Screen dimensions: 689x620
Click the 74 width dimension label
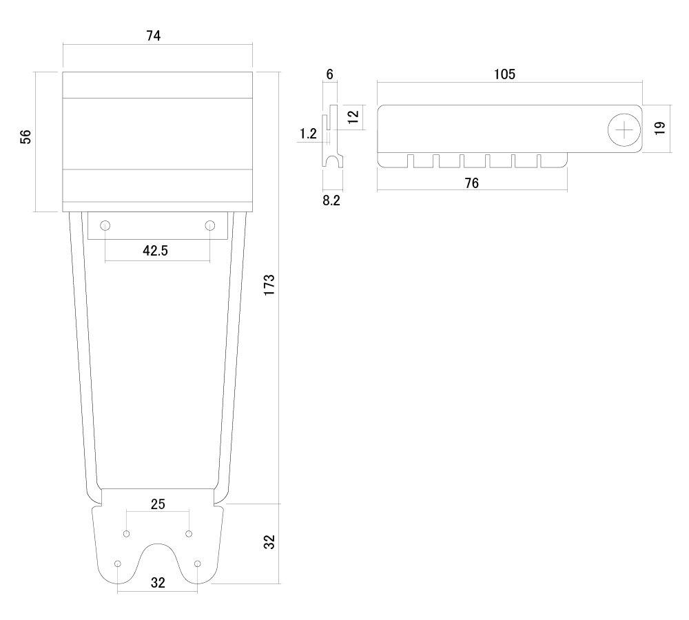click(x=154, y=36)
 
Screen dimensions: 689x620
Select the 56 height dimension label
click(x=26, y=136)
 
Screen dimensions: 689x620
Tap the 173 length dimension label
click(x=269, y=285)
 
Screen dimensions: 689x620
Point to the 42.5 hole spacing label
click(x=155, y=251)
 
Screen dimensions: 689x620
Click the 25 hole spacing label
click(x=158, y=504)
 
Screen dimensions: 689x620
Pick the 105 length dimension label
click(x=504, y=74)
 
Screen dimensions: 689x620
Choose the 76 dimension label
click(x=471, y=183)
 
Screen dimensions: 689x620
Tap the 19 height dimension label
click(x=659, y=128)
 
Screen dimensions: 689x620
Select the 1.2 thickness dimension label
click(x=308, y=134)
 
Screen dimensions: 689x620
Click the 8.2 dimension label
click(x=331, y=200)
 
